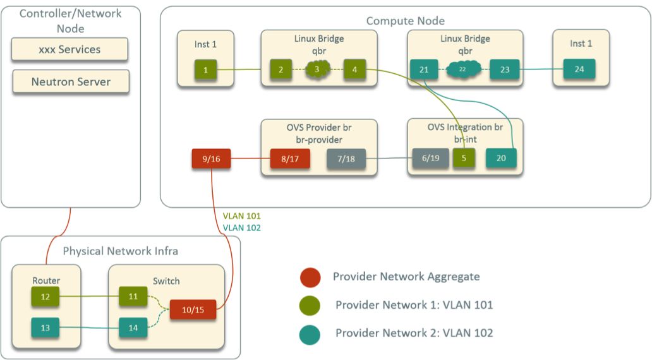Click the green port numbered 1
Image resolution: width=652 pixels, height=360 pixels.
point(205,69)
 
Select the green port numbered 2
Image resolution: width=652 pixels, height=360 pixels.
point(281,69)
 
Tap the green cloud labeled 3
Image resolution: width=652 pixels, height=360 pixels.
point(318,69)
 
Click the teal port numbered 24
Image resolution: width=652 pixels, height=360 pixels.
point(579,69)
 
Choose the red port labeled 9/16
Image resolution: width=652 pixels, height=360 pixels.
point(211,159)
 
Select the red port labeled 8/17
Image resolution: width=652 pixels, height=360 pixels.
point(290,159)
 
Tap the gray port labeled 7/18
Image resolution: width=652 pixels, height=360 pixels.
point(346,159)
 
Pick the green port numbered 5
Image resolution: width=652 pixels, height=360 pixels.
point(464,159)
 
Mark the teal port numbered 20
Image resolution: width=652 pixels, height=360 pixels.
point(501,159)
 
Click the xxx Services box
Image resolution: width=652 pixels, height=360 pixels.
point(69,49)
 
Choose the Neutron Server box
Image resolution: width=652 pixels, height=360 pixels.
point(71,81)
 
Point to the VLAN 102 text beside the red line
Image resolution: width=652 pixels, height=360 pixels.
point(241,228)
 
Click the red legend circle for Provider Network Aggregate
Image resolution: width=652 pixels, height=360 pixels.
point(311,277)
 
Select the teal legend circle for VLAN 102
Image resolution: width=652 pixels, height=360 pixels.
point(311,333)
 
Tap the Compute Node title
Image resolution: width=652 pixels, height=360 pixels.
point(405,21)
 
